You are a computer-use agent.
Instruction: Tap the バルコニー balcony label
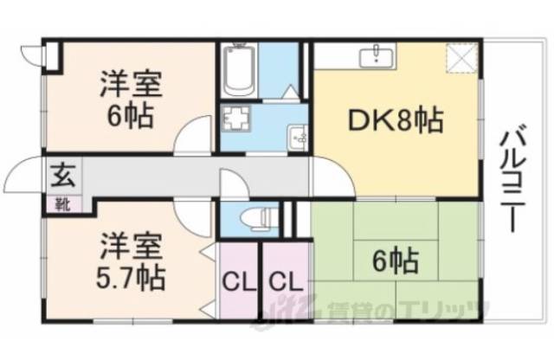pyautogui.click(x=510, y=179)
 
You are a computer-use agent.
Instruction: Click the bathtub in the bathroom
pyautogui.click(x=238, y=71)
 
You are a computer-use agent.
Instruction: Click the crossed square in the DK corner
pyautogui.click(x=460, y=60)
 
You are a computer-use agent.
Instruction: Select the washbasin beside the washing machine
pyautogui.click(x=298, y=135)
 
